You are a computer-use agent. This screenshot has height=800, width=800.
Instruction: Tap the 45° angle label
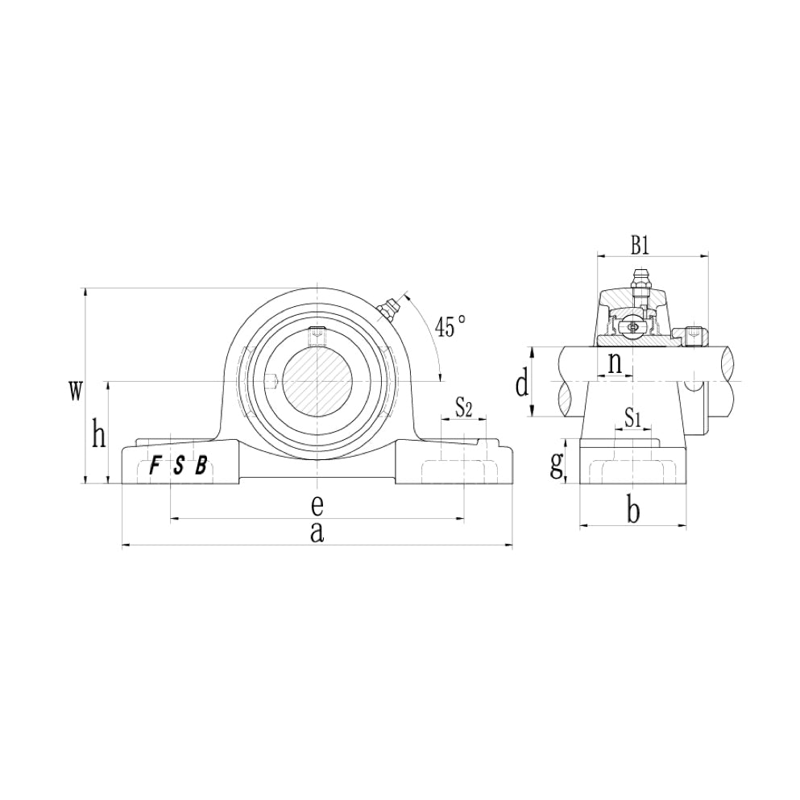pyautogui.click(x=450, y=326)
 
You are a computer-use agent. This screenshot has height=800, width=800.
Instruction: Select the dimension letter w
pyautogui.click(x=75, y=392)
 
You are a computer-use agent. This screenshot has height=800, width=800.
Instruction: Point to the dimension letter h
pyautogui.click(x=99, y=435)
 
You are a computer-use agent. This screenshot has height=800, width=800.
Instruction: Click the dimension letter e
pyautogui.click(x=317, y=504)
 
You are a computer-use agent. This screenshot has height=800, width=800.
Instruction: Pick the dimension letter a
pyautogui.click(x=317, y=532)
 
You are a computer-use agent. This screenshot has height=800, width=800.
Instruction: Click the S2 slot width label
pyautogui.click(x=463, y=407)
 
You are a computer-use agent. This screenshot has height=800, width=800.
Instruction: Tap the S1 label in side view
pyautogui.click(x=632, y=419)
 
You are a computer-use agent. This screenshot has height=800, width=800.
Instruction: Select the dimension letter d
pyautogui.click(x=522, y=385)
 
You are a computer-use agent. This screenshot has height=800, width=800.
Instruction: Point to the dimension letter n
pyautogui.click(x=615, y=364)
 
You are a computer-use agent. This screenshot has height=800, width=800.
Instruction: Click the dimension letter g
pyautogui.click(x=556, y=466)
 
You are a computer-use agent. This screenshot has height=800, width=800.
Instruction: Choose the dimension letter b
pyautogui.click(x=633, y=511)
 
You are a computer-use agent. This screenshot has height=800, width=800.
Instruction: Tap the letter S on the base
pyautogui.click(x=179, y=465)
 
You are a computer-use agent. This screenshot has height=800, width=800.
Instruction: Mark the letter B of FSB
pyautogui.click(x=201, y=465)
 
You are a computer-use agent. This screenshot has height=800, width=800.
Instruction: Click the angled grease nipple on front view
pyautogui.click(x=386, y=309)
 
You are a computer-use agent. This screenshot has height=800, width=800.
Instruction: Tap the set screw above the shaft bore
pyautogui.click(x=317, y=332)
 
